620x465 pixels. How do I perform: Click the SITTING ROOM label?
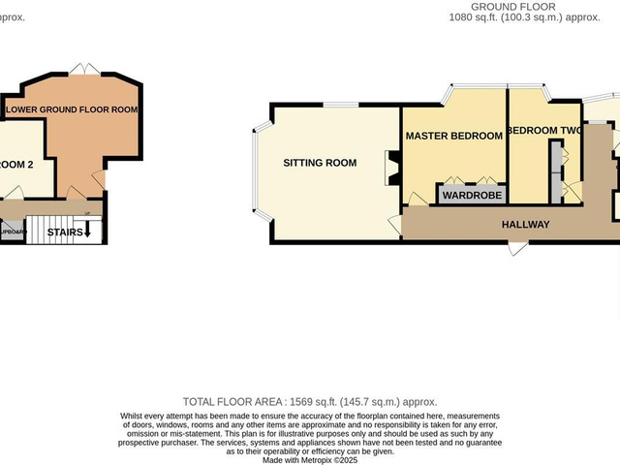[320, 163]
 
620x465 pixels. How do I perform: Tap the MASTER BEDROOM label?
[453, 136]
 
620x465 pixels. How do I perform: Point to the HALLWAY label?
[526, 225]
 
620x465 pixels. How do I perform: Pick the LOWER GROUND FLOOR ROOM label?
[72, 109]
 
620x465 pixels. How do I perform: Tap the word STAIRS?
[65, 232]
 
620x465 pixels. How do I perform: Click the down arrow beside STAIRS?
[87, 232]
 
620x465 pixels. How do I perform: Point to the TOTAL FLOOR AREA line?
[310, 401]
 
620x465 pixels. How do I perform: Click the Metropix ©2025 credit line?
[310, 459]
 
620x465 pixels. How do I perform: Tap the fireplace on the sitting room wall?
[392, 167]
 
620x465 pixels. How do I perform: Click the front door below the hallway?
[518, 246]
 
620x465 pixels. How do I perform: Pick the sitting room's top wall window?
[336, 104]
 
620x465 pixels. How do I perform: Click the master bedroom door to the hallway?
[416, 201]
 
